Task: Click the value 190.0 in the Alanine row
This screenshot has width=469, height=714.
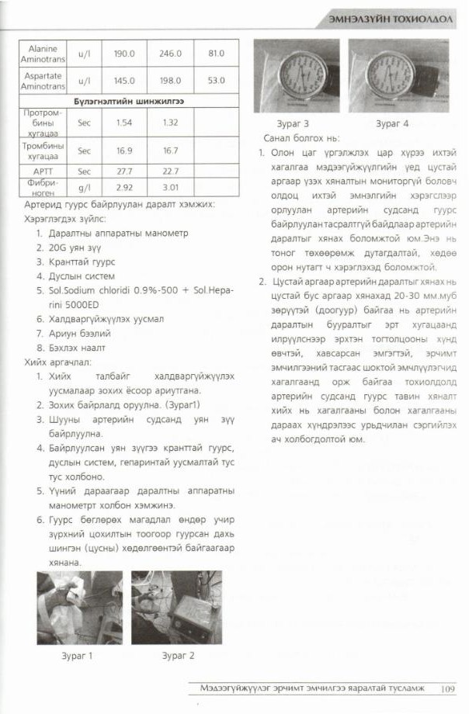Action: [x=124, y=54]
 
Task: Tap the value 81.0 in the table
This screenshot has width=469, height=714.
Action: [x=216, y=54]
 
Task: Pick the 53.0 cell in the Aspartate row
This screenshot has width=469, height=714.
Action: [x=216, y=81]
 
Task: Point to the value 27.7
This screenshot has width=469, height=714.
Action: [x=124, y=171]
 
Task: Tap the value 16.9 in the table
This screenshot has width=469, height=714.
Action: [x=124, y=151]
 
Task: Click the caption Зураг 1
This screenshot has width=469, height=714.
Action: [x=78, y=655]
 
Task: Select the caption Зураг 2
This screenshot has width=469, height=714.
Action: [x=179, y=655]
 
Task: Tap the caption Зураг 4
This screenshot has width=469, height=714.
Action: [x=391, y=123]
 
